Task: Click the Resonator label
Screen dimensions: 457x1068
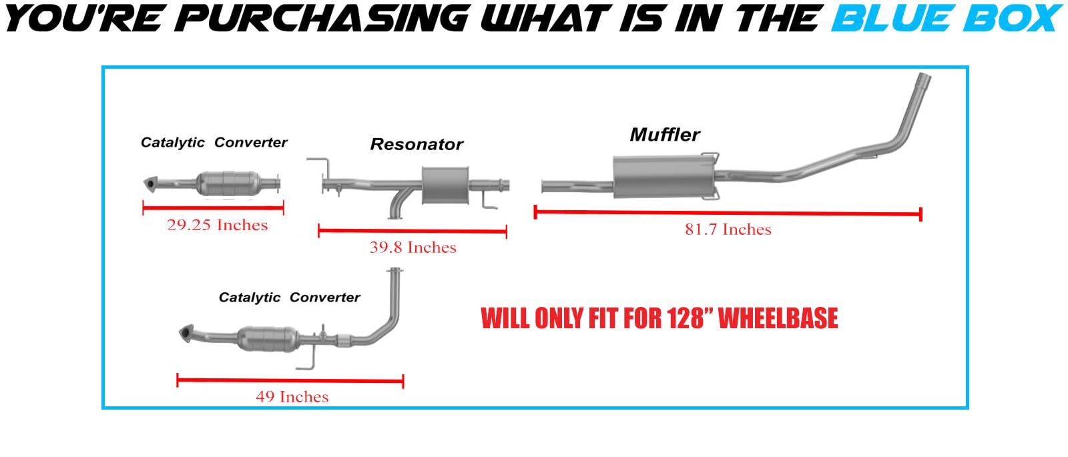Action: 417,144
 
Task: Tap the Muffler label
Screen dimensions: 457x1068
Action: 665,135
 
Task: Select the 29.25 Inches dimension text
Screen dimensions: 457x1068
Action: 217,225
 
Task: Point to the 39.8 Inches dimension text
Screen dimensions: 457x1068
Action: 413,248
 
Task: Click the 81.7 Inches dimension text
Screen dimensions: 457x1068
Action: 728,230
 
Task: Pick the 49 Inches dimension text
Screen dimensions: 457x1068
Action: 292,397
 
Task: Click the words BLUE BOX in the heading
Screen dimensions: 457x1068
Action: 946,18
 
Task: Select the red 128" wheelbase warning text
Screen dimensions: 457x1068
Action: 659,318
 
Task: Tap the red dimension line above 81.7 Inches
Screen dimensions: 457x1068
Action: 728,213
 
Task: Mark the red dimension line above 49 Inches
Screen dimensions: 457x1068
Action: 290,381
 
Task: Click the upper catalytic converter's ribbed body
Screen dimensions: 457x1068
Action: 228,182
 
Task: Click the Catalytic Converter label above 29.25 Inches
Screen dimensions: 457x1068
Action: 214,143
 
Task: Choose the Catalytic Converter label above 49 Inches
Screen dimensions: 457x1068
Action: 289,298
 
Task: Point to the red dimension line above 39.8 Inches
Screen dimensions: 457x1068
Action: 413,232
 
